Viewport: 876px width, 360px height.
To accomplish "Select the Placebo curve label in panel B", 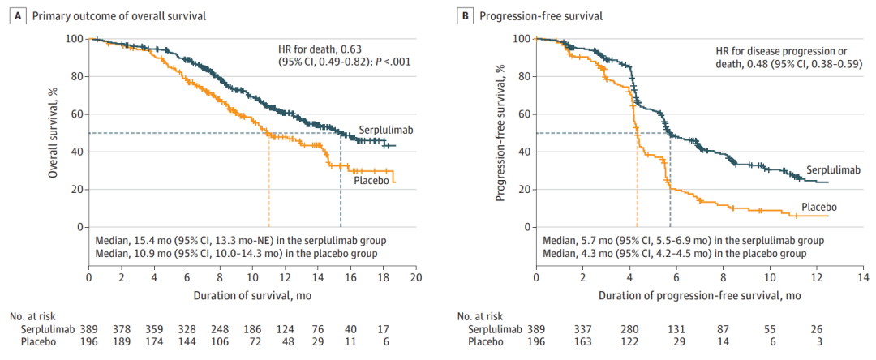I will pyautogui.click(x=819, y=207).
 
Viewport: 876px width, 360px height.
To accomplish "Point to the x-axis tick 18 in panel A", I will pyautogui.click(x=383, y=277).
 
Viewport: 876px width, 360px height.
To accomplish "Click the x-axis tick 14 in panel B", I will pyautogui.click(x=860, y=277).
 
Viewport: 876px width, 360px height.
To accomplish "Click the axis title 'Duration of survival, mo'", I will pyautogui.click(x=252, y=295).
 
